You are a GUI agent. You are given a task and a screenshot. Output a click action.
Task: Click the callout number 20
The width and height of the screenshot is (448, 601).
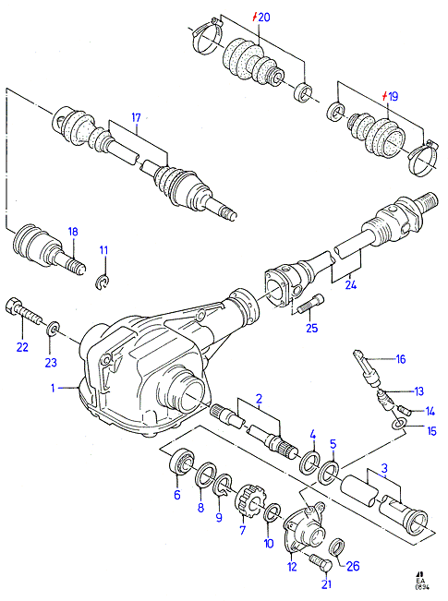(x=264, y=17)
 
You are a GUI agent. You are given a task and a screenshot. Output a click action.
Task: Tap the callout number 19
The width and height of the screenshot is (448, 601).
(x=394, y=96)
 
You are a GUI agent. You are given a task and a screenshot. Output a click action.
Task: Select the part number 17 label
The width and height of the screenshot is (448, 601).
(x=136, y=117)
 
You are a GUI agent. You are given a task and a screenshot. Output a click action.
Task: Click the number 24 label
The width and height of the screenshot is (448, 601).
(x=351, y=284)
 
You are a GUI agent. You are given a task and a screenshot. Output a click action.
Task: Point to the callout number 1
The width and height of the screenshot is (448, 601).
(x=54, y=389)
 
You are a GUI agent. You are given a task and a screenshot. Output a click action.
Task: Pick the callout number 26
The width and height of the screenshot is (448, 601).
(x=353, y=566)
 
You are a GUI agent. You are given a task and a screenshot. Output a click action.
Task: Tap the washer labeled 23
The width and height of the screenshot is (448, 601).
(x=54, y=329)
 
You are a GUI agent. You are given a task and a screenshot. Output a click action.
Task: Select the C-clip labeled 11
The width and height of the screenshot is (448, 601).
(x=102, y=282)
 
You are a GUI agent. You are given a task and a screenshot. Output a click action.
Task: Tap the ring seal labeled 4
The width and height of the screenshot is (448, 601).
(x=310, y=463)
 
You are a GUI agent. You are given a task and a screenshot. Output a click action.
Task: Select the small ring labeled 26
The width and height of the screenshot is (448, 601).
(x=337, y=546)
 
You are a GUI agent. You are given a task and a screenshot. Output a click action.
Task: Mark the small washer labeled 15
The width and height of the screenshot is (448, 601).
(x=398, y=424)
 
